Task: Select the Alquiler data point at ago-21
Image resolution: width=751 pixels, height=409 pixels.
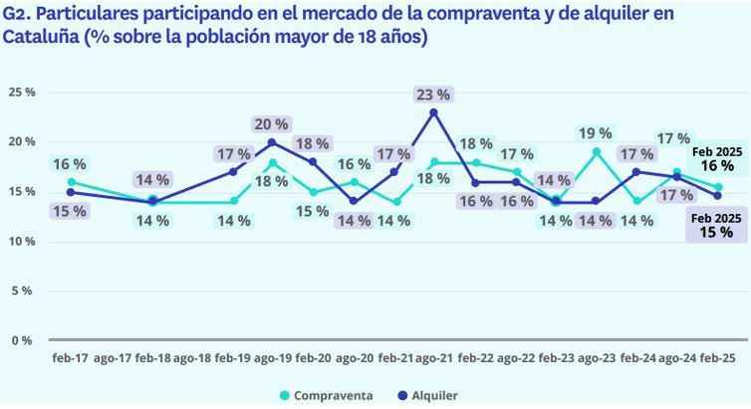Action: (x=434, y=112)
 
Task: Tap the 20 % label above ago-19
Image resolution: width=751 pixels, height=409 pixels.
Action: (x=271, y=124)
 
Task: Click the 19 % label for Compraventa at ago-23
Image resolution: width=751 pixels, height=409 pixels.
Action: (x=596, y=133)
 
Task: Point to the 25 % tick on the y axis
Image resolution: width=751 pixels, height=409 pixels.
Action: (x=22, y=92)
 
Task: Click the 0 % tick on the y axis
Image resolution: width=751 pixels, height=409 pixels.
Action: (x=22, y=340)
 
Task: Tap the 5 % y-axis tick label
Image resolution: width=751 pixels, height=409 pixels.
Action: (x=22, y=291)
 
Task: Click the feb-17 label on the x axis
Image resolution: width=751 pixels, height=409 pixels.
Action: (x=70, y=357)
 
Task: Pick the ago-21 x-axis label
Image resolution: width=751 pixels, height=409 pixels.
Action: (x=434, y=357)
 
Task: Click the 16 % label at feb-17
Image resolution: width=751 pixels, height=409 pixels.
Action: (x=70, y=163)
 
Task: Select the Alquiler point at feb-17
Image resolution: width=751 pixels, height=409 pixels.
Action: (x=71, y=192)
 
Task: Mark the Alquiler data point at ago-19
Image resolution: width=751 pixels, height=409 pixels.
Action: (x=272, y=142)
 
